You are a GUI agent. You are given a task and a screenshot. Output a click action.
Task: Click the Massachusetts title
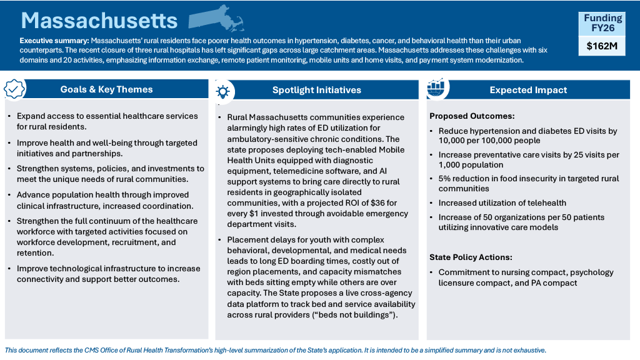[99, 21]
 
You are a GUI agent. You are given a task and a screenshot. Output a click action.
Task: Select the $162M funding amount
[602, 46]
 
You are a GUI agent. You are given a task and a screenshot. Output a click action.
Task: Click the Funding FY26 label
[602, 23]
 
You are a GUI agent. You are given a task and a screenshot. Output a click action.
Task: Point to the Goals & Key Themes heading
[106, 89]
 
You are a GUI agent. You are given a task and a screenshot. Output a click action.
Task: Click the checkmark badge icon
[14, 89]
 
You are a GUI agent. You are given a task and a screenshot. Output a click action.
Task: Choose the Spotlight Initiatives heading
[316, 90]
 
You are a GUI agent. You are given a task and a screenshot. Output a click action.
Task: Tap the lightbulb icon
[222, 91]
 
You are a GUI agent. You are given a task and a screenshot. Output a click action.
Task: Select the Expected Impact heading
[528, 90]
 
